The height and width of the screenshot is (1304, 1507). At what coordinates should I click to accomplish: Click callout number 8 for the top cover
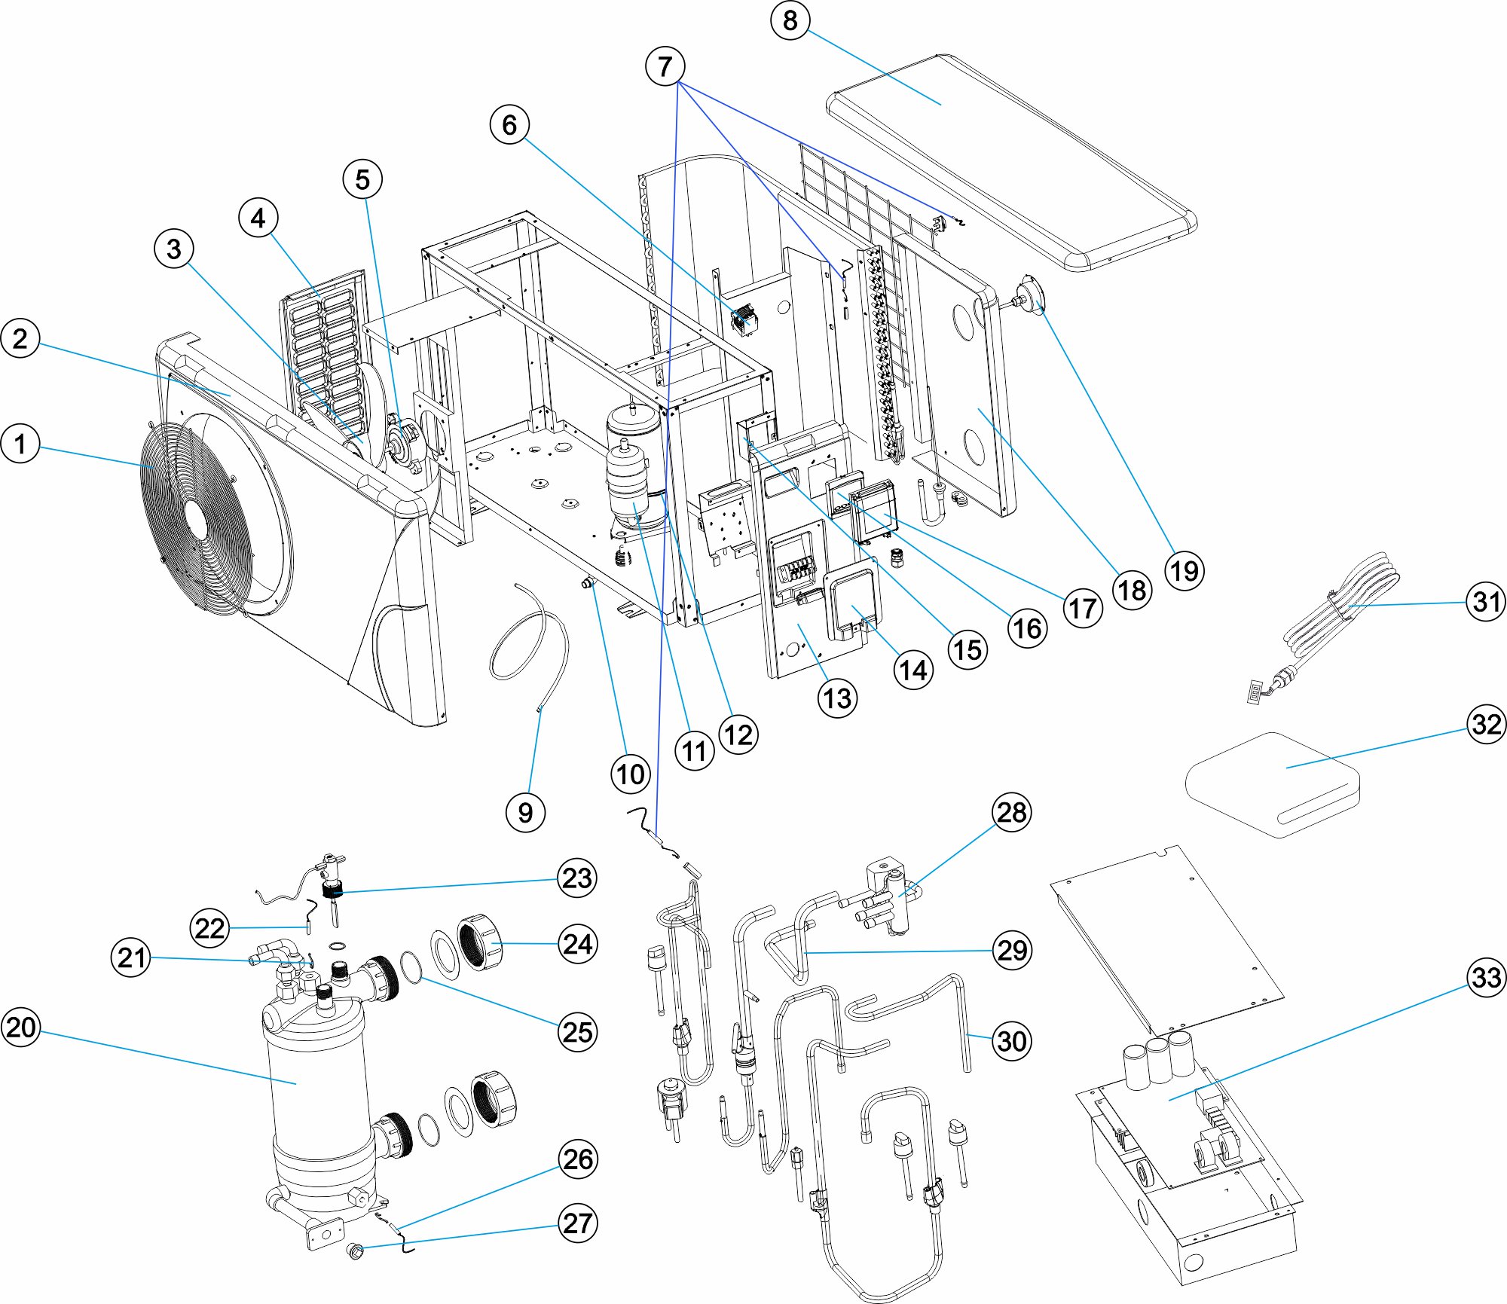[790, 20]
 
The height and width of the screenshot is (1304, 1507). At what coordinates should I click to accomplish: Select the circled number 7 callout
[665, 66]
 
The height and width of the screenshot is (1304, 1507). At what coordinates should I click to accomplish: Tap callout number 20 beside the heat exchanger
[20, 1027]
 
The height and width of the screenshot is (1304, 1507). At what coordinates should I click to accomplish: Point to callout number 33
[1486, 978]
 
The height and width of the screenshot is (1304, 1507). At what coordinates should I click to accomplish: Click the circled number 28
[1011, 812]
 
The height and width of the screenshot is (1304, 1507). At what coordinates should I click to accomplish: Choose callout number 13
[837, 698]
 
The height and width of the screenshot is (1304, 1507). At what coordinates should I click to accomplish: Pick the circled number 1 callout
[20, 444]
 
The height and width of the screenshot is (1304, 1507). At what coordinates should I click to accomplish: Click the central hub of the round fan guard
[197, 519]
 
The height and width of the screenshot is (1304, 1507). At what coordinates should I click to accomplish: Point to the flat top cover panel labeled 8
[1010, 162]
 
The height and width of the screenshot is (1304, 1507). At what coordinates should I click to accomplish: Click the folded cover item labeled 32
[1273, 783]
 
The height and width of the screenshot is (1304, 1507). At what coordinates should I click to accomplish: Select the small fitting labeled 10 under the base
[587, 582]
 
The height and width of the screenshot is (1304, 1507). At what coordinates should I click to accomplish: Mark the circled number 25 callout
[577, 1031]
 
